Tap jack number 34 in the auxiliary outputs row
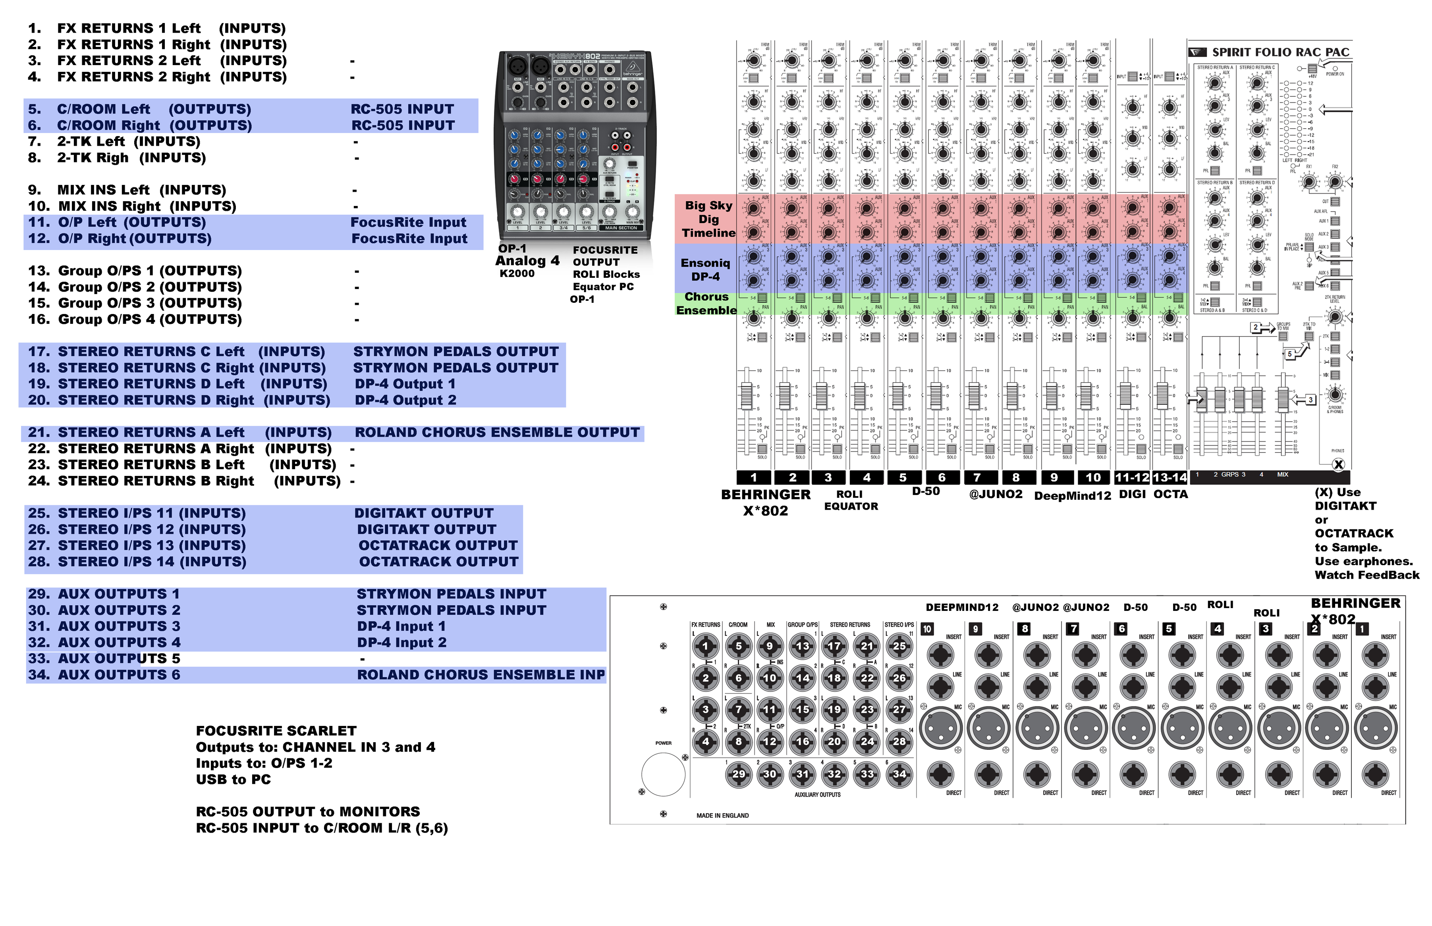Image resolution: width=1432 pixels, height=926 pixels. pos(899,774)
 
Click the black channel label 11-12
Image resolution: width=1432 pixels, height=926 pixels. pos(1131,477)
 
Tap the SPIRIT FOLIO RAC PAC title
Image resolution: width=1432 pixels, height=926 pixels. pos(1280,52)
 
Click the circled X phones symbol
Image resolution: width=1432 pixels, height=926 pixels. pos(1338,464)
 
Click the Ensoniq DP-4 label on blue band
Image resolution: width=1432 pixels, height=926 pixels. pos(705,270)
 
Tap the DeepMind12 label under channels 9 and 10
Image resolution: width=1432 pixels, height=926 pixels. pos(1072,495)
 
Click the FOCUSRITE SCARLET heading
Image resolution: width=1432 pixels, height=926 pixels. pos(276,731)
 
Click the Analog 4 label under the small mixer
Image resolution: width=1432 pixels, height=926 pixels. pos(527,261)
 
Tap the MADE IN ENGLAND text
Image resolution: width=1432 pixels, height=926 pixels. pos(722,815)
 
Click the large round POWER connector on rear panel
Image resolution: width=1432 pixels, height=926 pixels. pos(663,774)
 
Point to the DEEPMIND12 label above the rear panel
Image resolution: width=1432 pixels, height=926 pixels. pos(962,607)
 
